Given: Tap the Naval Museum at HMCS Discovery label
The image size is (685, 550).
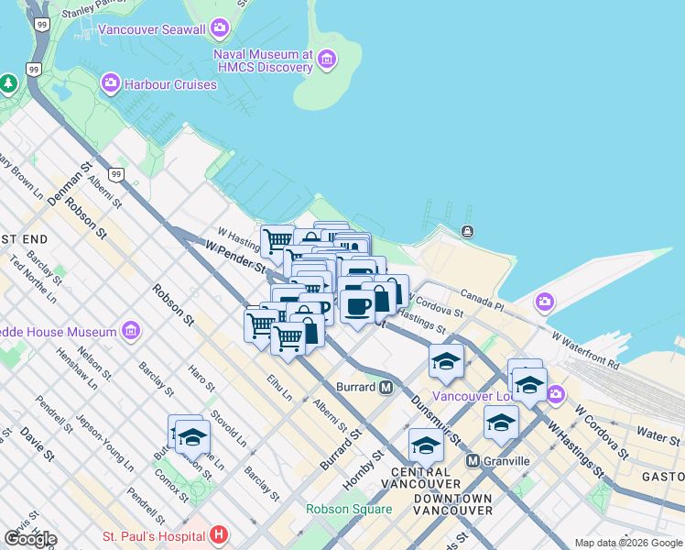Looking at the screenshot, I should pyautogui.click(x=264, y=60).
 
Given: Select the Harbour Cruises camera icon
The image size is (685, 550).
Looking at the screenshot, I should pyautogui.click(x=111, y=84).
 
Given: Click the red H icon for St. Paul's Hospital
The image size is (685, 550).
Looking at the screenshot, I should pyautogui.click(x=219, y=533).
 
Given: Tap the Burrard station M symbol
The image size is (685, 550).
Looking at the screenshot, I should pyautogui.click(x=386, y=387).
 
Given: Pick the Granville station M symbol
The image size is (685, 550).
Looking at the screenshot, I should pyautogui.click(x=473, y=460).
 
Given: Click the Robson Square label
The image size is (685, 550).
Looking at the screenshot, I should pyautogui.click(x=349, y=509).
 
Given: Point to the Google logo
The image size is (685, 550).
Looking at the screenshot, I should pyautogui.click(x=30, y=538).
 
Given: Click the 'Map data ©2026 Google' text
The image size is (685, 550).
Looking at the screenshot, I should pyautogui.click(x=628, y=543).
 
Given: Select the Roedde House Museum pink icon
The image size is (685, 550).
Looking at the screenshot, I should pyautogui.click(x=130, y=330).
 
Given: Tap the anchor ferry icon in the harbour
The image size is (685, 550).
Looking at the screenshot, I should pyautogui.click(x=468, y=231).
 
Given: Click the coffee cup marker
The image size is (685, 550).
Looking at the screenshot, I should pyautogui.click(x=358, y=305).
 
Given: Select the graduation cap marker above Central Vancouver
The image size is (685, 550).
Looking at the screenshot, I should pyautogui.click(x=426, y=445).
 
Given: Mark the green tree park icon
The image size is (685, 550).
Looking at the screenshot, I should pyautogui.click(x=8, y=84).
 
